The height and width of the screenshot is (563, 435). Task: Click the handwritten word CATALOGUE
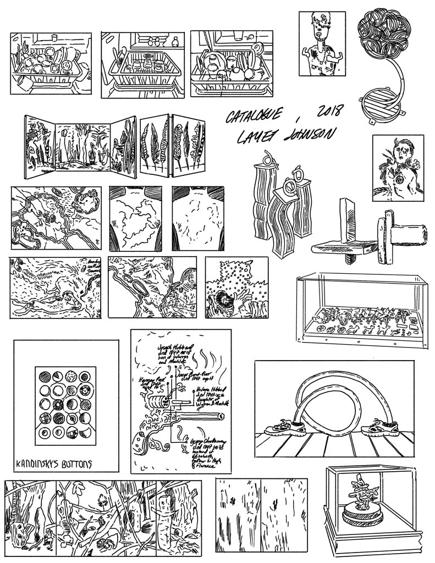point(254,116)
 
